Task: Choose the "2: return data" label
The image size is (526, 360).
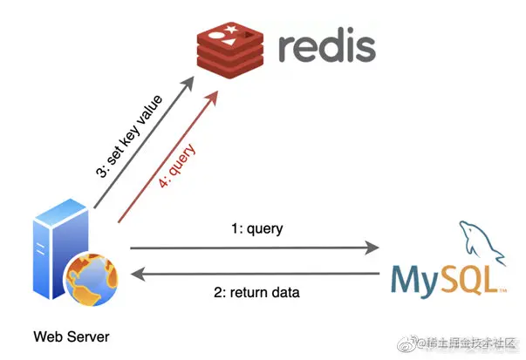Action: (256, 293)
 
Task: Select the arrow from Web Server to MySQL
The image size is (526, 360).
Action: (253, 248)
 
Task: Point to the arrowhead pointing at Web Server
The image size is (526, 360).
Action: (136, 275)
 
